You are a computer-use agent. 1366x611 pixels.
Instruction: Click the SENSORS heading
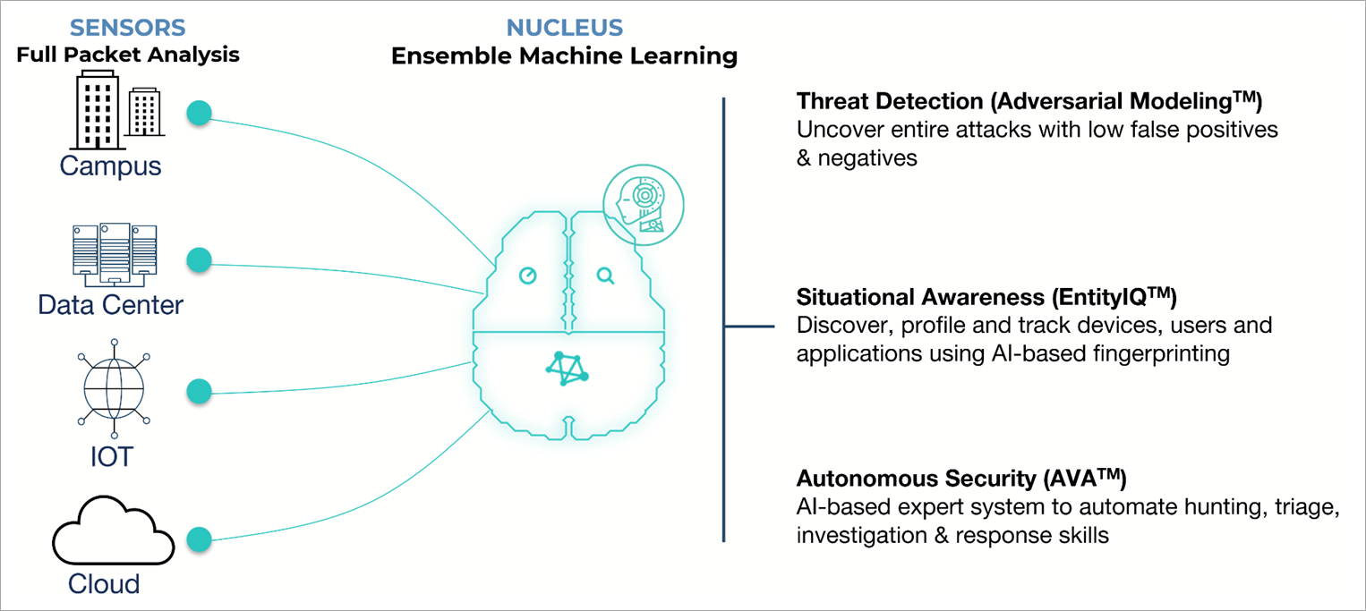tap(127, 27)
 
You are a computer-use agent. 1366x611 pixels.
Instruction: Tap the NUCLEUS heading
tap(565, 27)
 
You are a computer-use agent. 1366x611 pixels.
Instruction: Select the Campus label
tap(111, 166)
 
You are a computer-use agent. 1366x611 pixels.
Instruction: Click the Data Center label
tap(110, 305)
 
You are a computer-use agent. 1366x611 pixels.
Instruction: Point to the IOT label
tap(111, 457)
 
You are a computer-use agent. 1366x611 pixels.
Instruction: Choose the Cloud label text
tap(104, 584)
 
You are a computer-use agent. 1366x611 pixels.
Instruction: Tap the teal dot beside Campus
tap(199, 114)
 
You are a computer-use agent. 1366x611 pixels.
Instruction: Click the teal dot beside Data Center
tap(199, 260)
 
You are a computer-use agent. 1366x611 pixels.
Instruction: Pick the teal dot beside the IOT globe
tap(199, 391)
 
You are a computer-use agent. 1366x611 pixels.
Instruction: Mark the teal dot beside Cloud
tap(199, 539)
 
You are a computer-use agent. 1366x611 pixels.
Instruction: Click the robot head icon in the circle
tap(642, 205)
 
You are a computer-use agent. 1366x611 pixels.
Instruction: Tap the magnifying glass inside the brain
tap(606, 276)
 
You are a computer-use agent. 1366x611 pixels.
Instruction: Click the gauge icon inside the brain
tap(528, 276)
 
